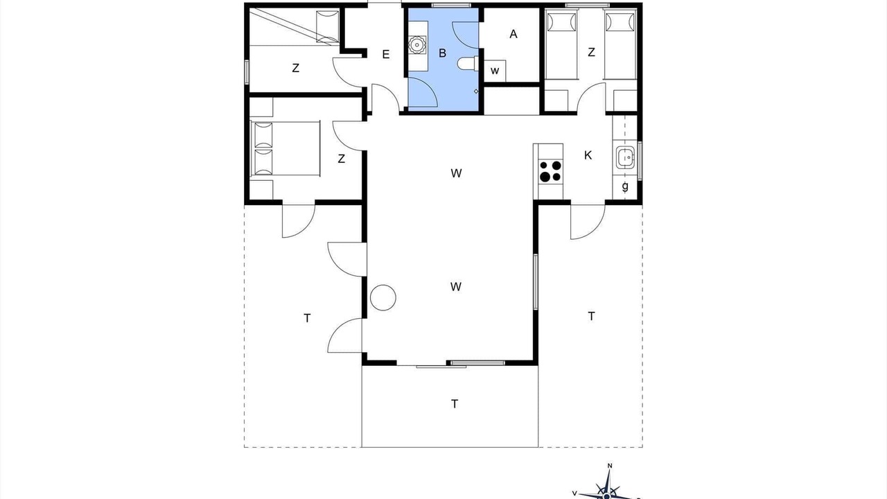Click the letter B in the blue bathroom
442,53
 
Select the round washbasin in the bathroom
417,44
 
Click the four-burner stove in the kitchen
550,171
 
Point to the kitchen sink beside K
626,157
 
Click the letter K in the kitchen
588,156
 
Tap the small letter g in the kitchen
625,186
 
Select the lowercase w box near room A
495,71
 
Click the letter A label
513,35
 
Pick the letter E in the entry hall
386,55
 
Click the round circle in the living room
383,297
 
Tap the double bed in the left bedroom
285,148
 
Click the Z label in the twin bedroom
591,52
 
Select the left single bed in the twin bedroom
561,44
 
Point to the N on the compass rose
610,466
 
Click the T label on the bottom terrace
455,404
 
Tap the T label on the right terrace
591,317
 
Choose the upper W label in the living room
456,173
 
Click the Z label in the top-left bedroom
295,68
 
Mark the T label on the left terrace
307,318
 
